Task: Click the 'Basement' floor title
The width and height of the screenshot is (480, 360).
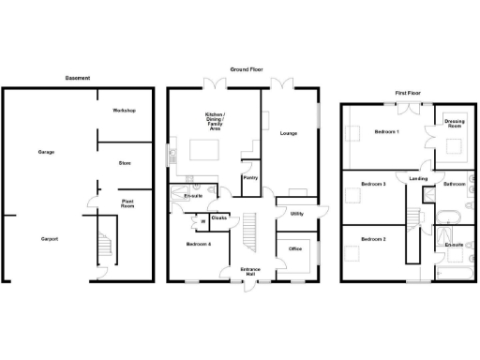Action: point(78,78)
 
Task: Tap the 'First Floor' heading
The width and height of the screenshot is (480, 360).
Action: point(407,93)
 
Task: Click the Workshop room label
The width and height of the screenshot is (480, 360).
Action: point(124,111)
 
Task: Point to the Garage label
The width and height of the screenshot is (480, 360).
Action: point(46,151)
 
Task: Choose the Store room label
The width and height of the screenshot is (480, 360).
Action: point(124,162)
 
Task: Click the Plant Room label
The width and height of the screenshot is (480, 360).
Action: point(127,202)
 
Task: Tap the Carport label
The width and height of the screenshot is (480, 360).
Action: point(49,239)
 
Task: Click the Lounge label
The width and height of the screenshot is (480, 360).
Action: point(289,133)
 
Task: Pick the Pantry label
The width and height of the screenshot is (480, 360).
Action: point(250,176)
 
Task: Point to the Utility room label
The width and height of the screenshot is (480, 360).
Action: point(296,213)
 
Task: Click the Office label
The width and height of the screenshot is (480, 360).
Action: point(294,248)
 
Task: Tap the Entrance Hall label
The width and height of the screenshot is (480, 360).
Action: point(250,273)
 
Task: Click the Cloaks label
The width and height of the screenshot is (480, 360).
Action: point(219,218)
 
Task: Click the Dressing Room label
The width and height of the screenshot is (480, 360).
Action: point(455,123)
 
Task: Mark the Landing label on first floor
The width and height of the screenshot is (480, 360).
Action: point(418,179)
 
